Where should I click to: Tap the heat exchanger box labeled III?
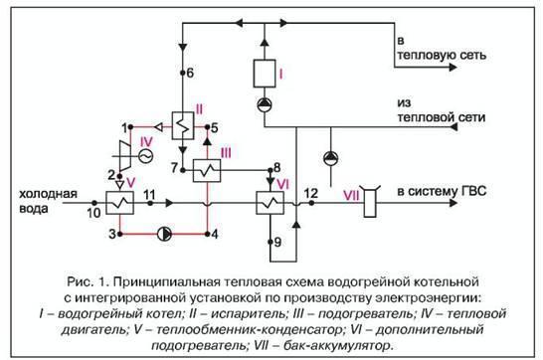point(206,169)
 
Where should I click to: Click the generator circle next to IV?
point(145,155)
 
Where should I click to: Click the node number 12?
point(311,191)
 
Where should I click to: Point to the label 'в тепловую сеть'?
point(442,46)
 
